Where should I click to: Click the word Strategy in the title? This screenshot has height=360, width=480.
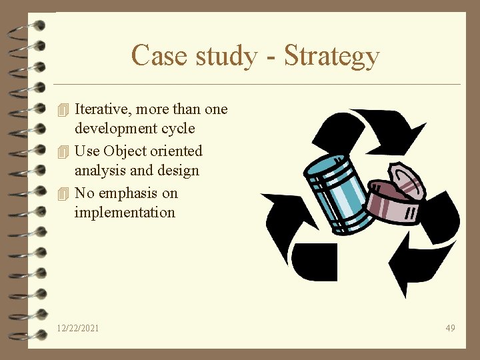click(331, 56)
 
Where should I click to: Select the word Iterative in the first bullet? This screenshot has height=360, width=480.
click(103, 109)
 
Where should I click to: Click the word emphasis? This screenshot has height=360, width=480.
click(129, 193)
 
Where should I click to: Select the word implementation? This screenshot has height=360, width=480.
click(125, 213)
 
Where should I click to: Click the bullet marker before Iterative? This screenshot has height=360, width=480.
click(63, 109)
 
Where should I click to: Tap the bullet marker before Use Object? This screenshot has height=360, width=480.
click(63, 151)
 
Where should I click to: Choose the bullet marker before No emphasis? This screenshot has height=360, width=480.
click(63, 193)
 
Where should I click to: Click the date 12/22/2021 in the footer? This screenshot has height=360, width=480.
click(78, 328)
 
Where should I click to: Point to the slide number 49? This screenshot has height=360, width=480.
click(451, 328)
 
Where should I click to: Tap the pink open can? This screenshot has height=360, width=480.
click(397, 197)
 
